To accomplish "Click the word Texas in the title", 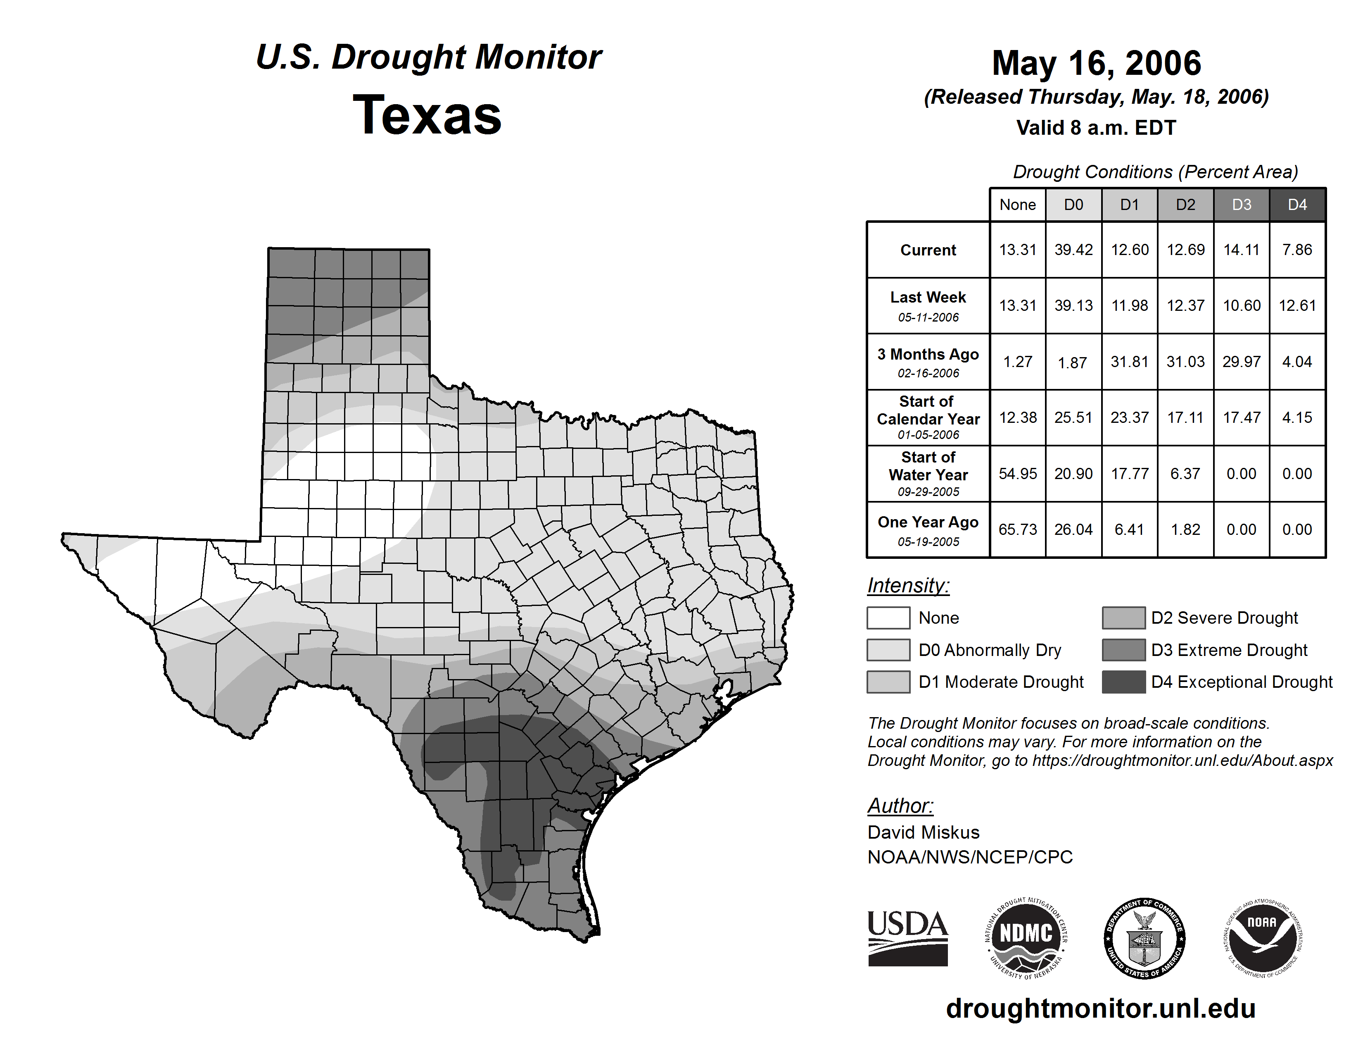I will pyautogui.click(x=427, y=115).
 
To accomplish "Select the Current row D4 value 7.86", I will pyautogui.click(x=1297, y=250).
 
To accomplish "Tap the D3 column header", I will pyautogui.click(x=1241, y=205).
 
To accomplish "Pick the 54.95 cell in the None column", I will pyautogui.click(x=1017, y=474).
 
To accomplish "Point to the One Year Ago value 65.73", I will pyautogui.click(x=1017, y=529).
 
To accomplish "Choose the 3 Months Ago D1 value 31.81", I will pyautogui.click(x=1129, y=362).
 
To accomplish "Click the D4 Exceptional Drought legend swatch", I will pyautogui.click(x=1123, y=682).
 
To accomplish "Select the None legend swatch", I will pyautogui.click(x=888, y=618).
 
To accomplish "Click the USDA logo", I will pyautogui.click(x=907, y=938).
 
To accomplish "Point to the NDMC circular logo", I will pyautogui.click(x=1026, y=938).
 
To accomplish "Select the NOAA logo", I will pyautogui.click(x=1263, y=938).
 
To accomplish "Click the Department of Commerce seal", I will pyautogui.click(x=1145, y=938).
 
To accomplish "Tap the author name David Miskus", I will pyautogui.click(x=923, y=832).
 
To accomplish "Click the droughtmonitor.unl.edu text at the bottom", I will pyautogui.click(x=1100, y=1009).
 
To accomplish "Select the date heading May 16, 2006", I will pyautogui.click(x=1097, y=63).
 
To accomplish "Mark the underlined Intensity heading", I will pyautogui.click(x=908, y=586).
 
